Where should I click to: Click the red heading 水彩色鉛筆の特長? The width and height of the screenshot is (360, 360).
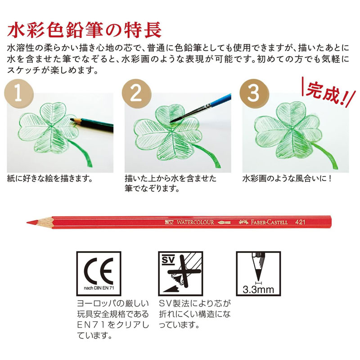pyautogui.click(x=84, y=30)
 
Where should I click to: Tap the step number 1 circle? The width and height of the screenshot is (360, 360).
pyautogui.click(x=19, y=94)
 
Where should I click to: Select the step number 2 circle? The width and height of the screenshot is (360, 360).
pyautogui.click(x=136, y=94)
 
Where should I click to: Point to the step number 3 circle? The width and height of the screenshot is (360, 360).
pyautogui.click(x=254, y=94)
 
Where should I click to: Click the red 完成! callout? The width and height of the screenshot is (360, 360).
pyautogui.click(x=328, y=92)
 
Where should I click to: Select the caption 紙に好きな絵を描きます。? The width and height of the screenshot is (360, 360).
pyautogui.click(x=49, y=178)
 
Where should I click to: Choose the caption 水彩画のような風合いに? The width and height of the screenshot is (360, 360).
pyautogui.click(x=287, y=178)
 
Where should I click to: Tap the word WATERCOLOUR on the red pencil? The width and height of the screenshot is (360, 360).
pyautogui.click(x=195, y=222)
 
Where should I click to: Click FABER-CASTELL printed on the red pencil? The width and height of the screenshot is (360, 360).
pyautogui.click(x=269, y=222)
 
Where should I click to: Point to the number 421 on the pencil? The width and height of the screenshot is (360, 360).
pyautogui.click(x=300, y=222)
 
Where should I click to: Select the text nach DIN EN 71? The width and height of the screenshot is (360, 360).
pyautogui.click(x=99, y=288)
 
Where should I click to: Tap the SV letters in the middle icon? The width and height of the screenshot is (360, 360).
pyautogui.click(x=168, y=260)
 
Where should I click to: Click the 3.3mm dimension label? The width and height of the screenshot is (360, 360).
pyautogui.click(x=258, y=289)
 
